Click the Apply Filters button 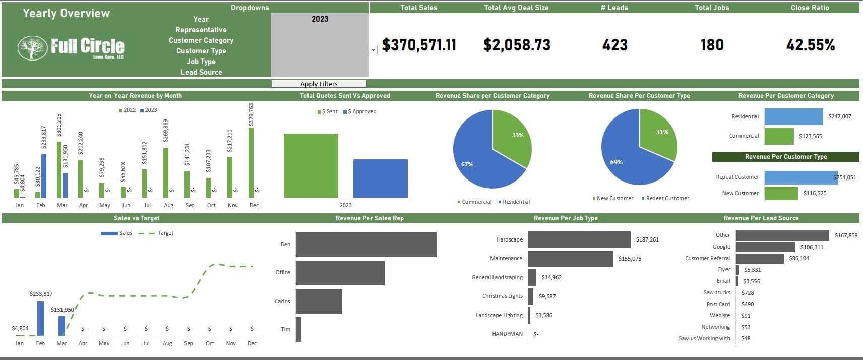(319, 84)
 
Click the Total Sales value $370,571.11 (419, 45)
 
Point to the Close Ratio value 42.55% (810, 45)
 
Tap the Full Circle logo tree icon (32, 48)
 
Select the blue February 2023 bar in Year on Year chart (44, 175)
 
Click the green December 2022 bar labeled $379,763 (251, 162)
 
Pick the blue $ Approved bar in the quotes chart (380, 178)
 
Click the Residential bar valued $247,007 (793, 116)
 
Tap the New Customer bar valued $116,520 (781, 193)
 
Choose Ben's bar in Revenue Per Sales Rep (365, 245)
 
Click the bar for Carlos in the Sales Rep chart (319, 301)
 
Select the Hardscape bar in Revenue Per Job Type (579, 239)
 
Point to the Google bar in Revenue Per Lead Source (765, 247)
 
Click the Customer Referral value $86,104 (798, 258)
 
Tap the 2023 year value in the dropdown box (320, 19)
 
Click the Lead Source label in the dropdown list (201, 72)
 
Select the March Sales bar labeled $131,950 (61, 326)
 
